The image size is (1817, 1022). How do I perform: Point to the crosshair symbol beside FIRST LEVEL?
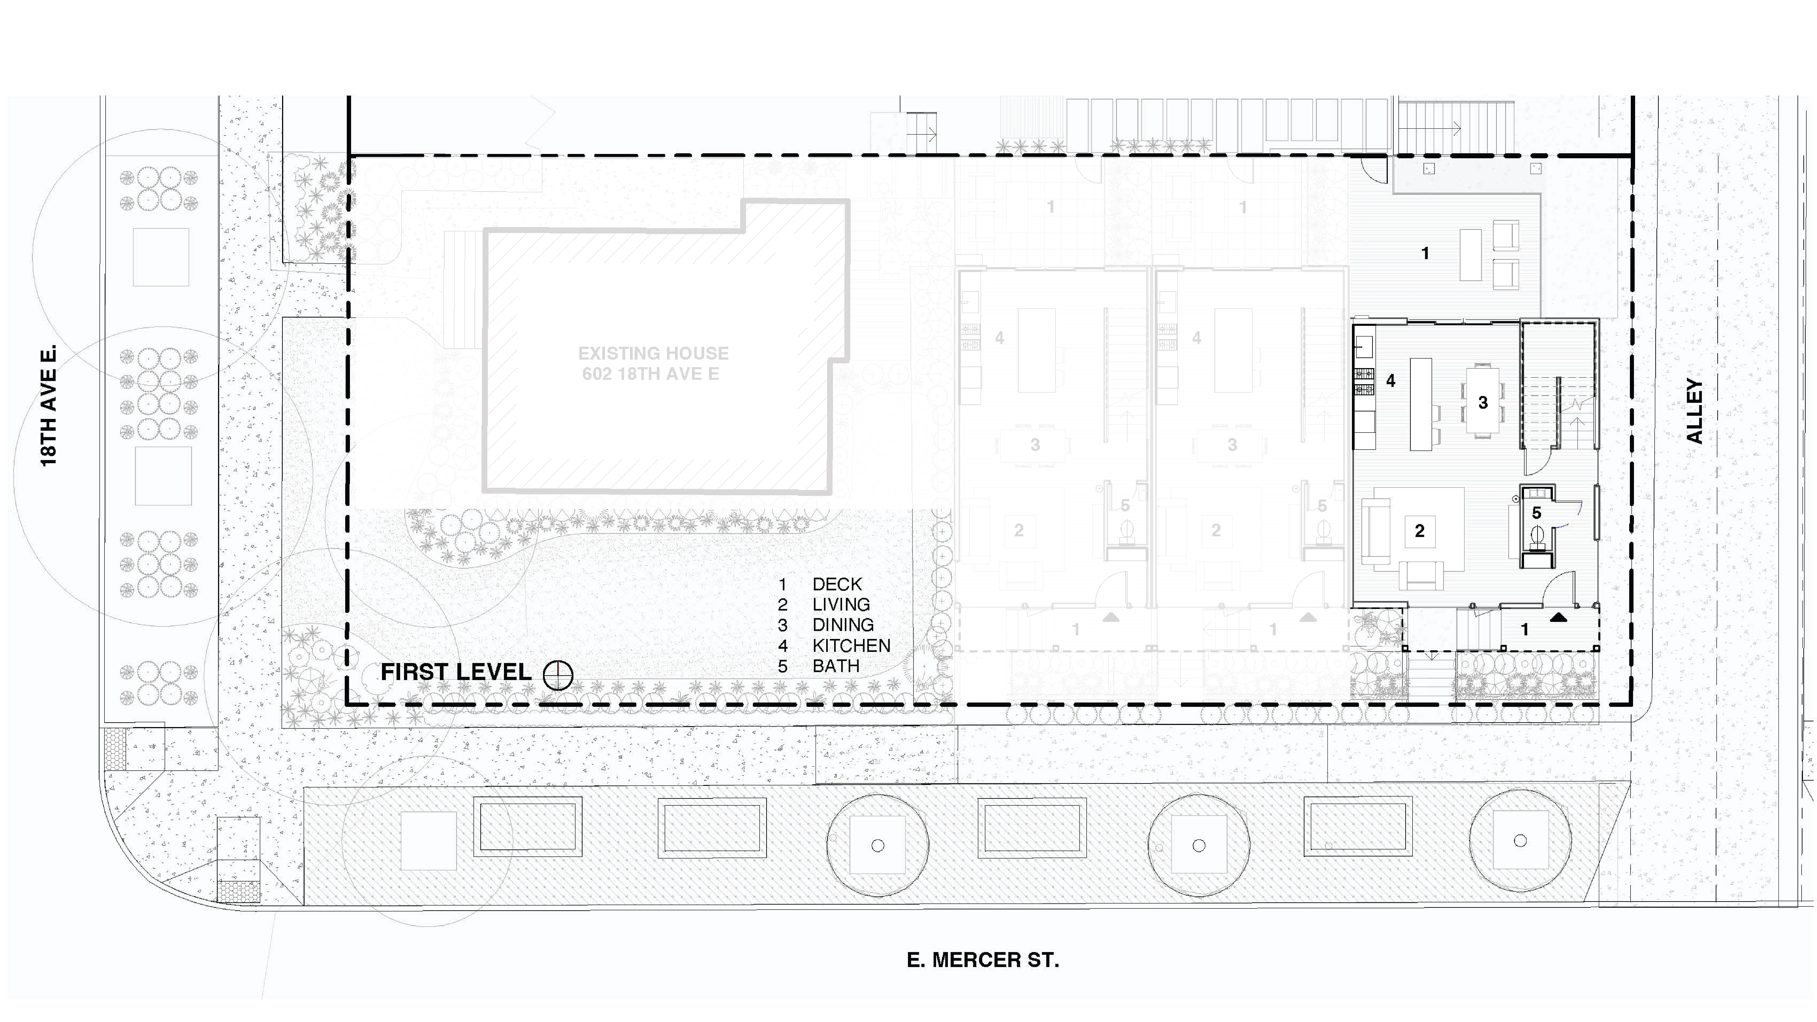[x=558, y=675]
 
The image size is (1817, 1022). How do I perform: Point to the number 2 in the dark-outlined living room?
[x=1419, y=530]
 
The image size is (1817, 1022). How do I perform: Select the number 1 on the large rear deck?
[x=1425, y=252]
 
